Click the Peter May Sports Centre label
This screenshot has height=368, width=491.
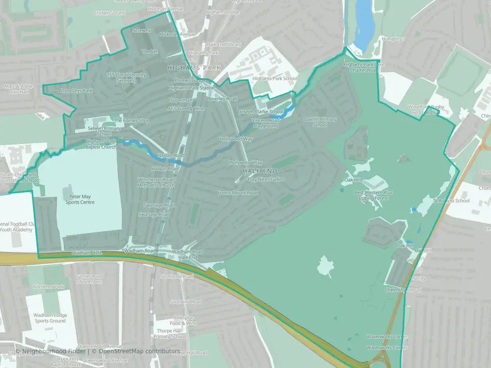[x=79, y=199]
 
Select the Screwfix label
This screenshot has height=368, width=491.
[x=142, y=31]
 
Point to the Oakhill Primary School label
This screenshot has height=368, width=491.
[x=320, y=122]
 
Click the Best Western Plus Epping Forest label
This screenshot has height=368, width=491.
[x=374, y=195]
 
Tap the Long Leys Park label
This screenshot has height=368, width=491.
[x=77, y=90]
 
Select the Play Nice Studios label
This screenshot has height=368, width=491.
[x=265, y=179]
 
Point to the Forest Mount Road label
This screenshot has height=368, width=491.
[x=237, y=193]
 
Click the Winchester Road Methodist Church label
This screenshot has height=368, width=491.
[x=155, y=182]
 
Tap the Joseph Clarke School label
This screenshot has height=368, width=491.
[x=261, y=111]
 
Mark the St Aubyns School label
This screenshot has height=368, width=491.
[x=451, y=201]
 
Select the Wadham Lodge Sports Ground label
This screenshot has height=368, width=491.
[x=51, y=318]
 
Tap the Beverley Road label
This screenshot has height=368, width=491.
[x=222, y=99]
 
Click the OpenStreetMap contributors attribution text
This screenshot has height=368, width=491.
[x=139, y=351]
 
